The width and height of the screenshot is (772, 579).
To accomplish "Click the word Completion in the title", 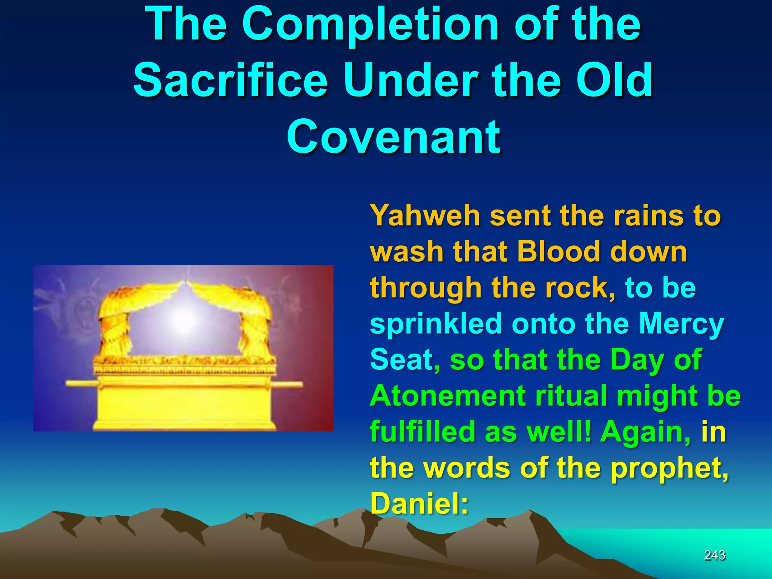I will coord(371,25).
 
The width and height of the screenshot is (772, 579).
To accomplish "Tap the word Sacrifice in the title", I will coord(231,80).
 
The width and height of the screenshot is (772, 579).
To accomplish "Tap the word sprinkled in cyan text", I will coord(435,323).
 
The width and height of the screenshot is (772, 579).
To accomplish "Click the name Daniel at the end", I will coord(419,504).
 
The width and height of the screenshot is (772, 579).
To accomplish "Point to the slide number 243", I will coord(715,555).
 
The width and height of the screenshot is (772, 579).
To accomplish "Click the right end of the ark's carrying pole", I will coord(298,385).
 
